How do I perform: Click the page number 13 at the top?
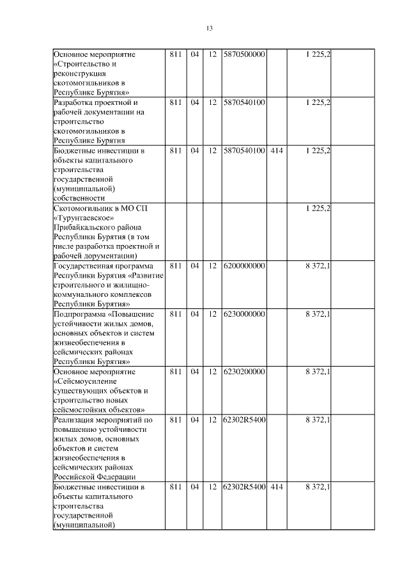pyautogui.click(x=209, y=28)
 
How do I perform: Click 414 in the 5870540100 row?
pyautogui.click(x=277, y=150)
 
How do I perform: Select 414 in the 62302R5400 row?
pyautogui.click(x=277, y=487)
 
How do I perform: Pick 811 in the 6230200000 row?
pyautogui.click(x=176, y=371)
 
